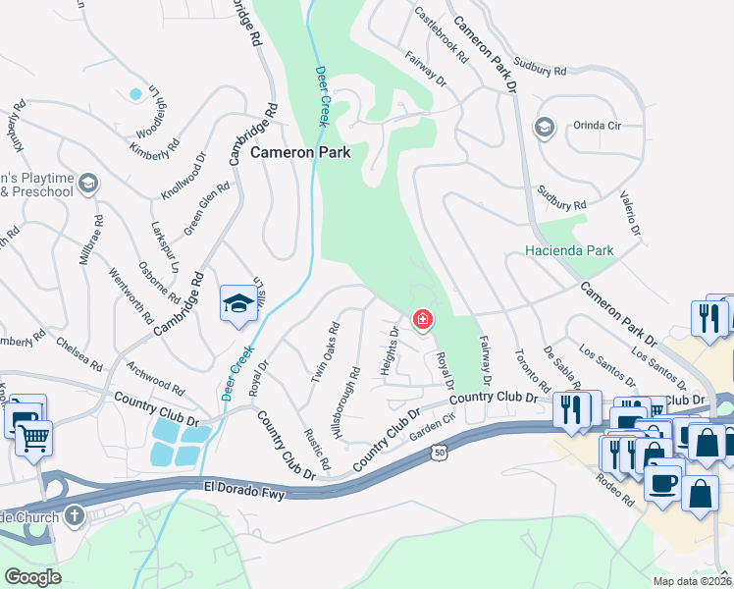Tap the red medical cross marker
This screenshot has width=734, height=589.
pyautogui.click(x=423, y=319)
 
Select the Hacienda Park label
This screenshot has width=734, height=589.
pyautogui.click(x=569, y=251)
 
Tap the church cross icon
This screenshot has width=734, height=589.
pyautogui.click(x=75, y=515)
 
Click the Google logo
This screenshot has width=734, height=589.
pyautogui.click(x=33, y=576)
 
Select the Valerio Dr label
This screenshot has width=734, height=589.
pyautogui.click(x=629, y=216)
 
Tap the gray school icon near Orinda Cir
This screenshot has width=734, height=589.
pyautogui.click(x=543, y=127)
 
